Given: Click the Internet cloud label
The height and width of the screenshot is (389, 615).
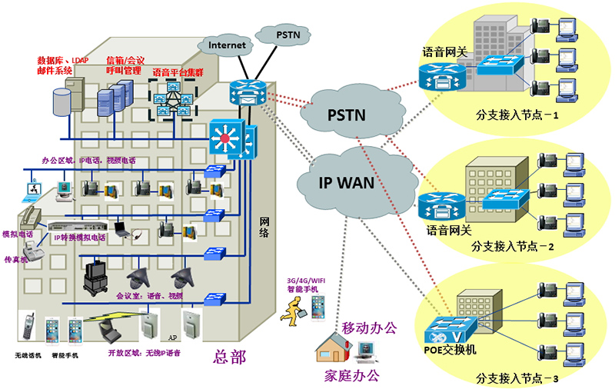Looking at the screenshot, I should (227, 45).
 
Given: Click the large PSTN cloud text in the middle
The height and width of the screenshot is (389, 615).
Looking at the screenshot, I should (347, 115).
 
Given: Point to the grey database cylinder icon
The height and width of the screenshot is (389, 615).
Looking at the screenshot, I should (61, 100).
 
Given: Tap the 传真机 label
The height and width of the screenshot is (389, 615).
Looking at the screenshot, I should (16, 259).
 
